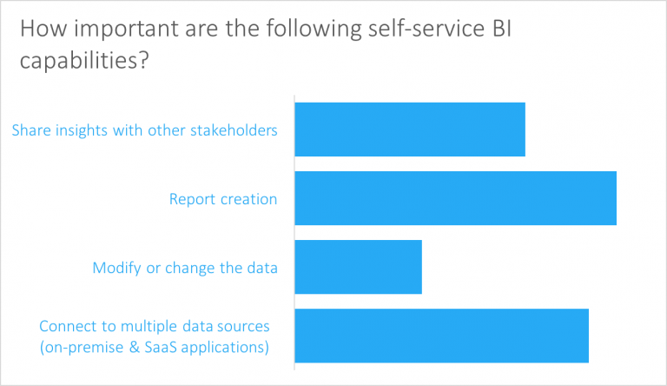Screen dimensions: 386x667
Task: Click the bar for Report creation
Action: (455, 198)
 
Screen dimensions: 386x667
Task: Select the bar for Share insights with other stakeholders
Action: (410, 130)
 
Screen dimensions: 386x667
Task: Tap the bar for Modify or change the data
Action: (358, 267)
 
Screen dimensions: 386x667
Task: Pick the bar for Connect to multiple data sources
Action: (441, 336)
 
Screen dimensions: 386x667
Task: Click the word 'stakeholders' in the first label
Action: (236, 130)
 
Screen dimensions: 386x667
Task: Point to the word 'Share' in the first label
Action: (30, 130)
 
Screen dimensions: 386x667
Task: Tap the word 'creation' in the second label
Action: (248, 199)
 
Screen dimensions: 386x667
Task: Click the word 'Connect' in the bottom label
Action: (66, 327)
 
